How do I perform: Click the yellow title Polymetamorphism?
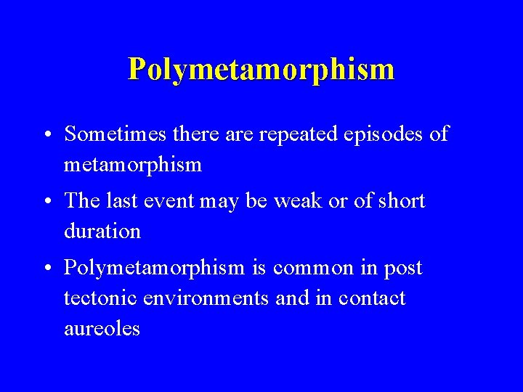pos(261,70)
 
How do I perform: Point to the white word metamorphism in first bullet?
pos(132,166)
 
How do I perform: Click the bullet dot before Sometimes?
pos(46,136)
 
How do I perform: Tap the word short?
pos(400,201)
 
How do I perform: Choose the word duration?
pos(102,232)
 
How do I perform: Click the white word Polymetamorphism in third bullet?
pos(154,269)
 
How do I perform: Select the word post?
pos(404,269)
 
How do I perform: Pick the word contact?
pos(373,298)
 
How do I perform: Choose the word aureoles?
pos(102,329)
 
